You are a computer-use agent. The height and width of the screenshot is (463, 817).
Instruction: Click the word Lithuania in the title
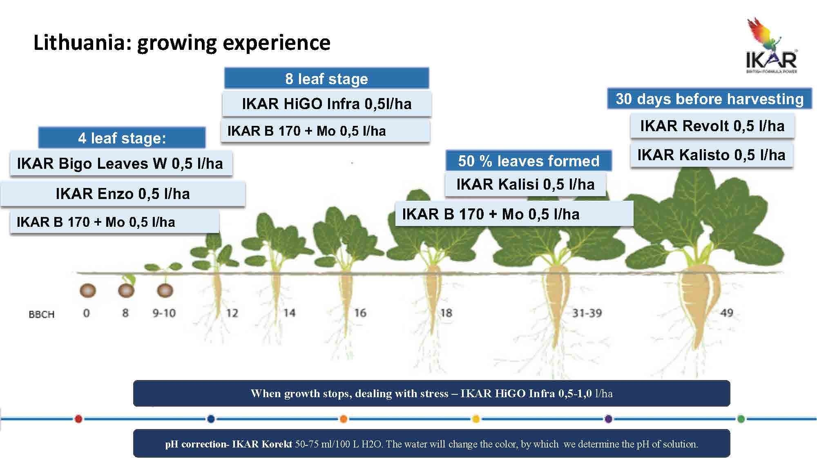82,42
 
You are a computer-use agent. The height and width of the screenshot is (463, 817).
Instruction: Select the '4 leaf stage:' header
122,138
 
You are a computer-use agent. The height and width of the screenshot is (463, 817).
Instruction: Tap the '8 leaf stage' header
326,78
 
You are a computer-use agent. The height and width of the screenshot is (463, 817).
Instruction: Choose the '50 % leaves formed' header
529,161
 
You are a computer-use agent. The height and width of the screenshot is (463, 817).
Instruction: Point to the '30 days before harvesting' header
709,99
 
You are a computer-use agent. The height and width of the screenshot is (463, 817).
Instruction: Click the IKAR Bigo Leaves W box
121,163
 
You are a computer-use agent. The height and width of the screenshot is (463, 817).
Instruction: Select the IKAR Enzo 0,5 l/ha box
123,194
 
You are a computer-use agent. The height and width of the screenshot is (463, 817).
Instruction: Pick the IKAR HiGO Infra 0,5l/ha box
326,104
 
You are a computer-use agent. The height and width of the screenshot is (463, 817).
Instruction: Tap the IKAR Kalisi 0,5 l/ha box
525,184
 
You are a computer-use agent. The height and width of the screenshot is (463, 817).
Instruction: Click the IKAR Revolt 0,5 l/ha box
712,126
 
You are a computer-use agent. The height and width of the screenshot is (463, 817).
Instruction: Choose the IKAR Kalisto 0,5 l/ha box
711,155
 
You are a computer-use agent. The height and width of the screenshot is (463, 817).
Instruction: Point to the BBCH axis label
41,314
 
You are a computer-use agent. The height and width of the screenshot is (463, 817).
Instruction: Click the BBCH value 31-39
587,313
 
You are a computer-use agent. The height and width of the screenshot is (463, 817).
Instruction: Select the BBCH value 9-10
164,313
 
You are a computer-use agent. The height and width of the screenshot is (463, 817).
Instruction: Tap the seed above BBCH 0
87,291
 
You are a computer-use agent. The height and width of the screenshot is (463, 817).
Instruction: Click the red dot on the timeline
79,418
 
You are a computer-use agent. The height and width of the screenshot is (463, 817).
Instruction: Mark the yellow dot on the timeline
475,418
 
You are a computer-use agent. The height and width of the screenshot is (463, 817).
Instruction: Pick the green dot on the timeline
741,418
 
